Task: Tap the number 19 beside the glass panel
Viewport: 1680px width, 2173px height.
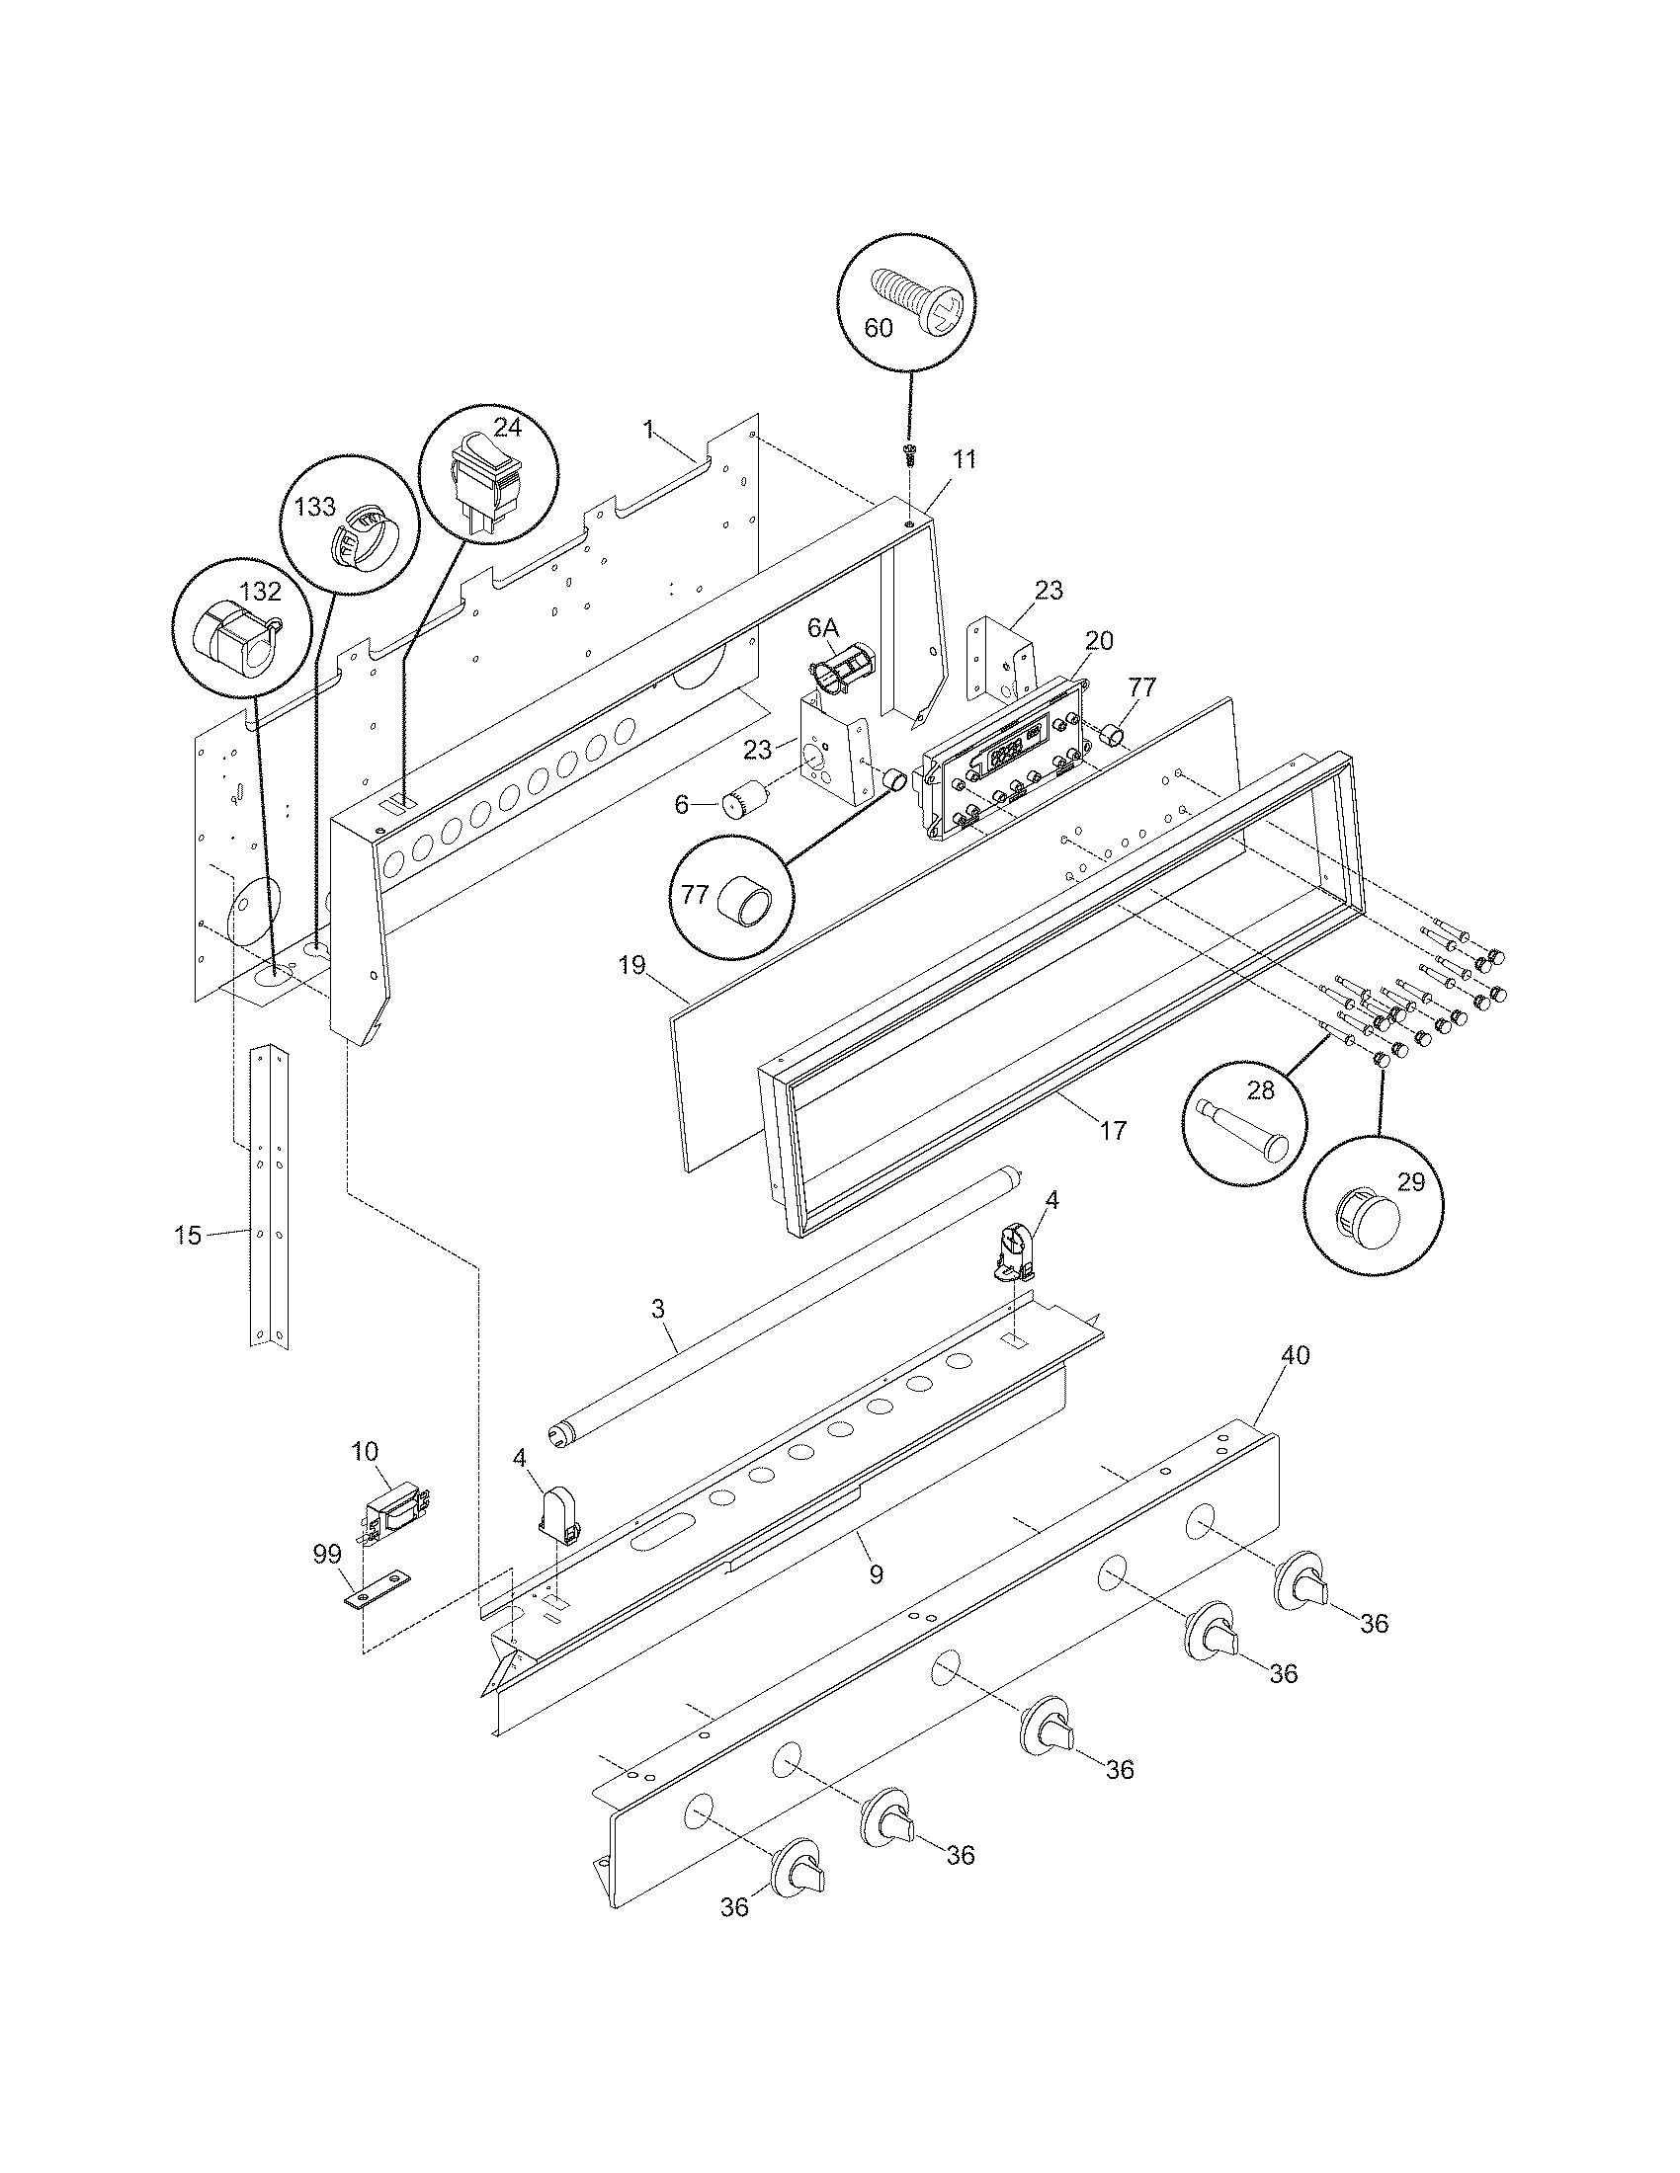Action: pos(631,964)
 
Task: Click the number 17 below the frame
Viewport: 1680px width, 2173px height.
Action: pos(1113,1129)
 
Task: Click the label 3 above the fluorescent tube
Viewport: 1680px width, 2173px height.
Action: pos(657,1308)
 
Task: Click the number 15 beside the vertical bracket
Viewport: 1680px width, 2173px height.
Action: pos(187,1235)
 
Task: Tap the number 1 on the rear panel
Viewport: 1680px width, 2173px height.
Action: pos(648,430)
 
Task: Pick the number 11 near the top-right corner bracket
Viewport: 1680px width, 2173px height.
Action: pos(965,458)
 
